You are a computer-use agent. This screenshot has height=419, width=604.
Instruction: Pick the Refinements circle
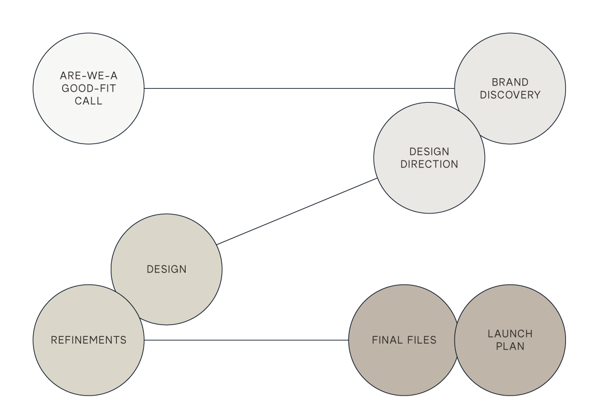pyautogui.click(x=88, y=363)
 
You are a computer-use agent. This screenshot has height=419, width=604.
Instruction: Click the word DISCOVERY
pyautogui.click(x=510, y=95)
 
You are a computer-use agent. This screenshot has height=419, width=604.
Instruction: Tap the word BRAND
pyautogui.click(x=510, y=82)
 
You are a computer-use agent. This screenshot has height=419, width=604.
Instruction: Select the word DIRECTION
pyautogui.click(x=429, y=164)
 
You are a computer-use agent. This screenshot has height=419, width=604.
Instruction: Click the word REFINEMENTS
pyautogui.click(x=88, y=340)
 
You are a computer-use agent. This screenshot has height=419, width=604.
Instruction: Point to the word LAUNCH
pyautogui.click(x=510, y=334)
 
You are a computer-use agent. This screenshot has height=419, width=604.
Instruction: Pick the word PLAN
pyautogui.click(x=510, y=346)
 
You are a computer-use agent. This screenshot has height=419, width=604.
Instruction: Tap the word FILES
pyautogui.click(x=419, y=340)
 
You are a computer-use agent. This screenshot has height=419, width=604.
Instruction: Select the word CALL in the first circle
pyautogui.click(x=88, y=101)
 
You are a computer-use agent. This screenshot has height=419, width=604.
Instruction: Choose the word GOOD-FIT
pyautogui.click(x=88, y=88)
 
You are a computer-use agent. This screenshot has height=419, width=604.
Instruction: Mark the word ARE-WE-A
pyautogui.click(x=88, y=75)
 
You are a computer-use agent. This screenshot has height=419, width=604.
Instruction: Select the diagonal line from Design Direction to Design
pyautogui.click(x=296, y=212)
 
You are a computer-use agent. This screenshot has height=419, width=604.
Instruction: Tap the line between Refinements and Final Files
pyautogui.click(x=246, y=340)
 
